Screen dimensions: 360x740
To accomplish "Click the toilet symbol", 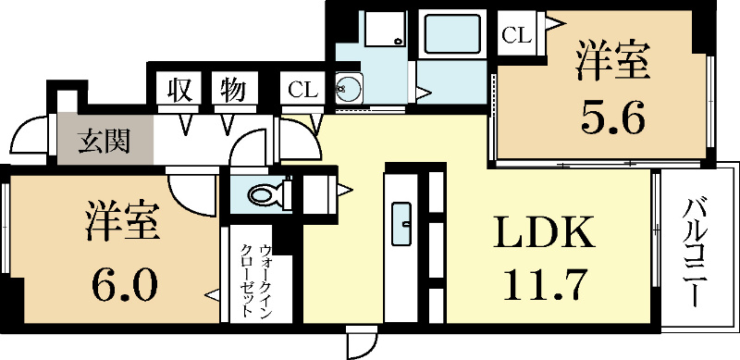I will pos(269,195).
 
